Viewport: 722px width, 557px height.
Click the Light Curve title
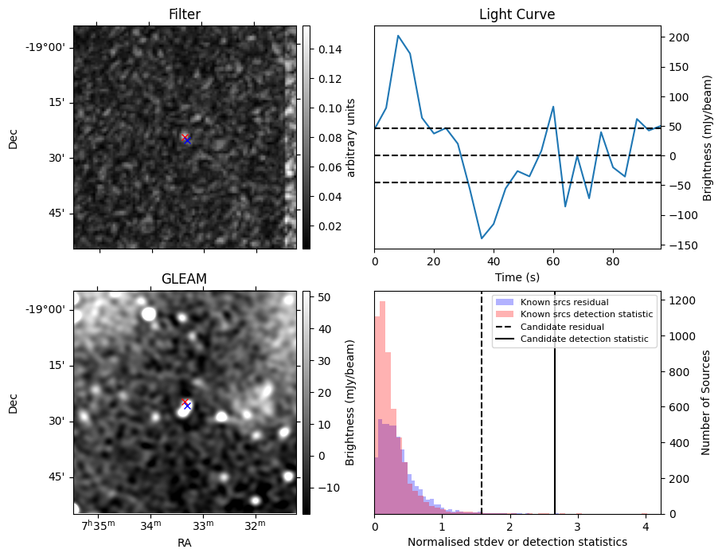(x=517, y=14)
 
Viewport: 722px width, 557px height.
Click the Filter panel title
(x=185, y=14)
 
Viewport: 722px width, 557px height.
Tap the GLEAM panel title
(x=185, y=278)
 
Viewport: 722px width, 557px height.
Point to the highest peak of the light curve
(x=398, y=36)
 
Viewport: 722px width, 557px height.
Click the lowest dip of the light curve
(x=482, y=238)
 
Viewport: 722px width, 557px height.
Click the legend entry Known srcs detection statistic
(x=587, y=315)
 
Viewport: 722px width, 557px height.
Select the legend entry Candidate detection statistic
(x=584, y=339)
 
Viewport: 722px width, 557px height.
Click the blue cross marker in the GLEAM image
(x=187, y=406)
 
